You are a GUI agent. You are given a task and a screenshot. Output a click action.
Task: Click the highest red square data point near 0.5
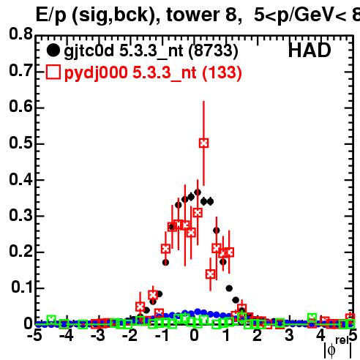[203, 143]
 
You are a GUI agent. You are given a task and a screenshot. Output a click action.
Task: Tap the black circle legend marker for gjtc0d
[53, 50]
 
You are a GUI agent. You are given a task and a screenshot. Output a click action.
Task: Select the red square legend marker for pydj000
[53, 72]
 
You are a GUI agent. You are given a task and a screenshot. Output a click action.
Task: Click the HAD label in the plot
[310, 50]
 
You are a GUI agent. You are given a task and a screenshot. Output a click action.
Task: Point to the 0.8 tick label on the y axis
[20, 34]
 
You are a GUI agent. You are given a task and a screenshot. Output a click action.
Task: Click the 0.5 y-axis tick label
[20, 143]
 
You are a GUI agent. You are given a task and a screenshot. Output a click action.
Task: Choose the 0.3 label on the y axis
[20, 215]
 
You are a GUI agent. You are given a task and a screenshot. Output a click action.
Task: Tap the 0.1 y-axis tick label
[21, 287]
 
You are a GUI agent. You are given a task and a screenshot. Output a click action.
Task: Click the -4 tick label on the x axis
[66, 335]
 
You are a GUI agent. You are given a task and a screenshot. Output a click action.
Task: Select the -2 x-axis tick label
[130, 335]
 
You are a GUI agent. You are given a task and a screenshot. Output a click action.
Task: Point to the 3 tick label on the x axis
[289, 335]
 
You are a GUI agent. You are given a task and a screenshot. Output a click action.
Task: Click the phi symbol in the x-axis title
[331, 350]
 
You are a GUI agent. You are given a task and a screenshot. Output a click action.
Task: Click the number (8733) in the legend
[214, 51]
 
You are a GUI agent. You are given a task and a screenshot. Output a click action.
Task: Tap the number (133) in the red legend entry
[222, 72]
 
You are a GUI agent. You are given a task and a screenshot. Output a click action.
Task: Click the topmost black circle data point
[198, 192]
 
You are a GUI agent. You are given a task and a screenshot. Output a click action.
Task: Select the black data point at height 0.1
[229, 288]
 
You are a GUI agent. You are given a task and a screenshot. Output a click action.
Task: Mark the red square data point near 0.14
[210, 274]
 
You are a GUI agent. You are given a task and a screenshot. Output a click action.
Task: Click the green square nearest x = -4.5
[51, 319]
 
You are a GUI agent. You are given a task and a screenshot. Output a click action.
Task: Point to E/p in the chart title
[51, 15]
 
